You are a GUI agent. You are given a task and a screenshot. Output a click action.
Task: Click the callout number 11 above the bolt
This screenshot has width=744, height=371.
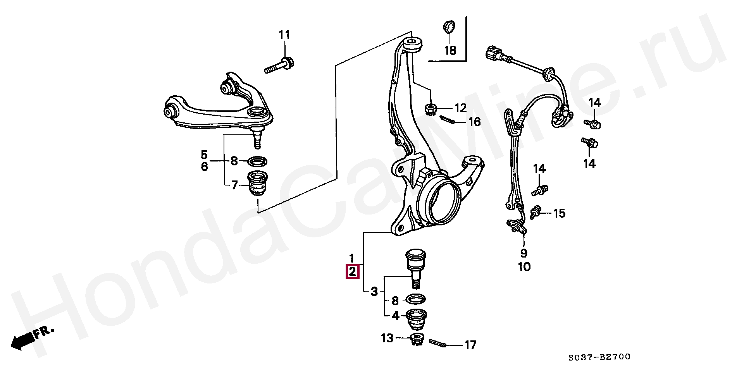click(x=284, y=35)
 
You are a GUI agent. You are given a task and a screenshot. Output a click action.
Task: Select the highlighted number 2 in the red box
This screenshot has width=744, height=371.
click(x=352, y=271)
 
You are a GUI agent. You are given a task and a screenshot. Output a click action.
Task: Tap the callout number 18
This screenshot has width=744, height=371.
click(x=450, y=50)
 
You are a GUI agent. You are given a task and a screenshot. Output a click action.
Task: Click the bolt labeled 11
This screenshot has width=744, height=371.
click(x=280, y=66)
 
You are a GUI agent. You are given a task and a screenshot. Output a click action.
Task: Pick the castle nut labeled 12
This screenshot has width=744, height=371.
click(x=431, y=108)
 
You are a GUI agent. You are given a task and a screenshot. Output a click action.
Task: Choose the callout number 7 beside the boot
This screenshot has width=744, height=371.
click(x=234, y=185)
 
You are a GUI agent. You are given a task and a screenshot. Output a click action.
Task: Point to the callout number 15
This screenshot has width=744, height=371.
click(x=559, y=213)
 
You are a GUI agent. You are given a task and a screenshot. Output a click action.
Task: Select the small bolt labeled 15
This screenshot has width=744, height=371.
click(x=536, y=212)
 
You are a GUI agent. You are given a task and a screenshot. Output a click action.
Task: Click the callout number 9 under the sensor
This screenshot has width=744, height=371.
click(x=524, y=253)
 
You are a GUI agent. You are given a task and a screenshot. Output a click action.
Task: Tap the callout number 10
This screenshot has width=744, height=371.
click(x=524, y=267)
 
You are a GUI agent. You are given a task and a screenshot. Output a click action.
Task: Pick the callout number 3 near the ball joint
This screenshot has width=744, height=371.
click(x=374, y=292)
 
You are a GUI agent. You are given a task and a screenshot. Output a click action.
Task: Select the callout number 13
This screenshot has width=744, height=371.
click(x=387, y=338)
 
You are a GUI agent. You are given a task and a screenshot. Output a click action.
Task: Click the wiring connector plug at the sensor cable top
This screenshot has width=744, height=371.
click(x=494, y=54)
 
